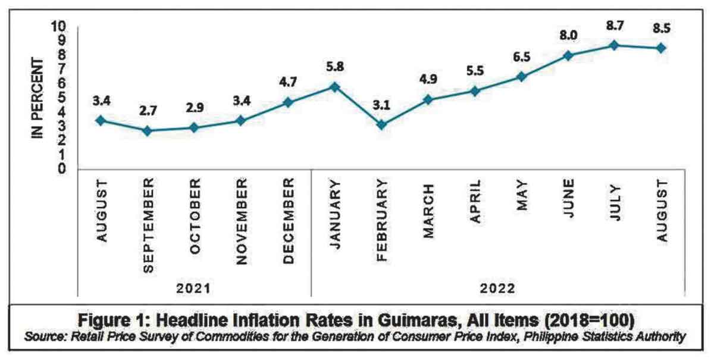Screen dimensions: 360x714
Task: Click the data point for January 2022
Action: [335, 87]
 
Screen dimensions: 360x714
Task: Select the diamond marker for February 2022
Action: [381, 125]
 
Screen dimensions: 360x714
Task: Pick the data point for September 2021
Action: [148, 131]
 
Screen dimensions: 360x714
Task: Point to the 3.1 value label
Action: [381, 105]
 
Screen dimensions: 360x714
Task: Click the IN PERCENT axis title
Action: [39, 98]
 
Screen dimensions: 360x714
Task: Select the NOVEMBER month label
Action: [241, 220]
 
